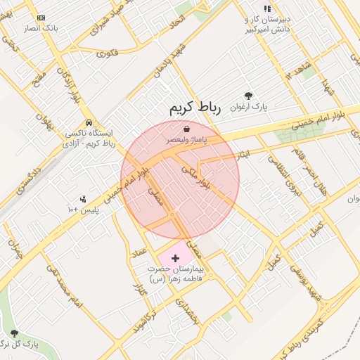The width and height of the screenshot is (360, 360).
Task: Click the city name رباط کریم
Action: pos(195,108)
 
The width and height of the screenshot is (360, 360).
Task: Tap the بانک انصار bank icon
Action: pos(40,18)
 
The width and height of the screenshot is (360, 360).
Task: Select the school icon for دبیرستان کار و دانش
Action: pos(267,8)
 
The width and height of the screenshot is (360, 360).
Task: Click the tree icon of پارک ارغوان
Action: pos(247,96)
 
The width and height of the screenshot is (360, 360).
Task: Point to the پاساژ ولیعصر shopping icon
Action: pos(186,129)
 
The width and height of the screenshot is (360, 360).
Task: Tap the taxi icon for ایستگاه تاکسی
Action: pos(88,122)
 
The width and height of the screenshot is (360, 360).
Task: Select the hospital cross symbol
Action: pos(175,259)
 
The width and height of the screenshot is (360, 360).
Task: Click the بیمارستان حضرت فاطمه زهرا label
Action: pos(179,274)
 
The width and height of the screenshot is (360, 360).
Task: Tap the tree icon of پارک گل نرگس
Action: pos(14,333)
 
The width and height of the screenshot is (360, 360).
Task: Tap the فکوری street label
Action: pos(106,53)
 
